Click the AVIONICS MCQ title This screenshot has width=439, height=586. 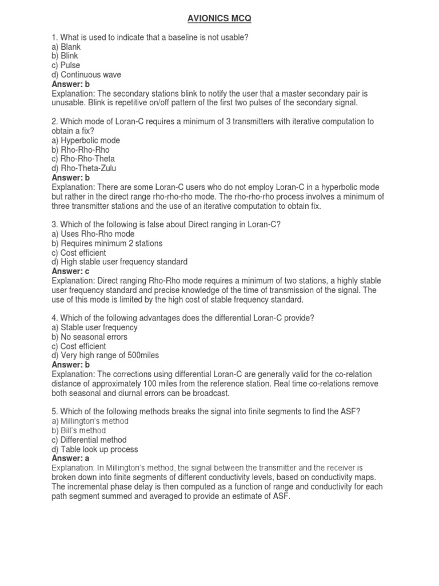click(x=219, y=19)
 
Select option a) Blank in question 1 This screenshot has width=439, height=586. click(x=66, y=47)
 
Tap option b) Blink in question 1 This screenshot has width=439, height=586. click(x=65, y=56)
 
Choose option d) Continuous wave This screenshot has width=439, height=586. click(x=86, y=74)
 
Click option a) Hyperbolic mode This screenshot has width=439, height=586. click(x=86, y=140)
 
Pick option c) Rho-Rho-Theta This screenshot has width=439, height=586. click(x=83, y=159)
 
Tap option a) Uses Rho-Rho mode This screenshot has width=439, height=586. click(x=93, y=234)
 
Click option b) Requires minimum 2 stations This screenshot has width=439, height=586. click(x=107, y=243)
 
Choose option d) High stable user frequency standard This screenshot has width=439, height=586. click(x=119, y=262)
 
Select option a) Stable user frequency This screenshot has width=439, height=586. click(x=95, y=327)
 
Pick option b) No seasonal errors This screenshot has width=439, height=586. click(x=89, y=336)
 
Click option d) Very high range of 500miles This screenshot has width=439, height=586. click(x=105, y=355)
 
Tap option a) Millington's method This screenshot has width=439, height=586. click(x=90, y=421)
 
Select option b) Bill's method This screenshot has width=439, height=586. click(x=78, y=430)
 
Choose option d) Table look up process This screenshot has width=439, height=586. click(x=95, y=449)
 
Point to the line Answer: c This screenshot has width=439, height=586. click(x=71, y=271)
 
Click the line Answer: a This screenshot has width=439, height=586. click(x=71, y=458)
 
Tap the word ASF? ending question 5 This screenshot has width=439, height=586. click(x=350, y=411)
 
